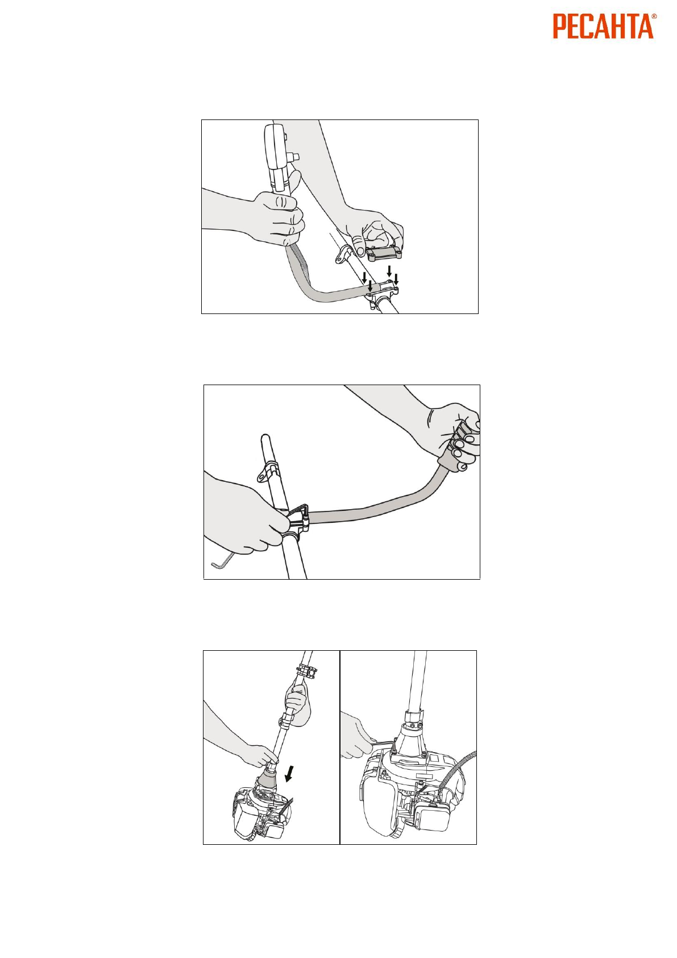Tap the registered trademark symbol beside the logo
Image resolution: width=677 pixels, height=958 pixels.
coord(654,16)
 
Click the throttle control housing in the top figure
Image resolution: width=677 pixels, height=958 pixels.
coord(276,156)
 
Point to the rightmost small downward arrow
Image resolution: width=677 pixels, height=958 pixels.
coord(396,280)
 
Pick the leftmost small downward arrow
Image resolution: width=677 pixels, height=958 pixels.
coord(364,276)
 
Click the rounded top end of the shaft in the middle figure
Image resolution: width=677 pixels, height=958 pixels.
coord(266,439)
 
